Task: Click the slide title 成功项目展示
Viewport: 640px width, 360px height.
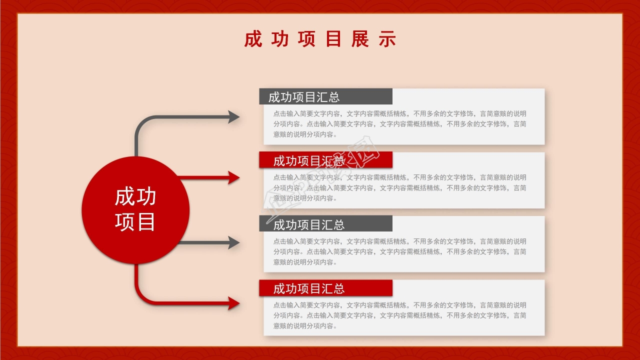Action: pos(320,39)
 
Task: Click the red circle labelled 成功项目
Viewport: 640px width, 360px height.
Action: pos(135,210)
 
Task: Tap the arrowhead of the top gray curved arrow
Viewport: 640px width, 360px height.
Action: pos(234,117)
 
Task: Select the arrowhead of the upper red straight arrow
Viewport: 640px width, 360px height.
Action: pos(234,177)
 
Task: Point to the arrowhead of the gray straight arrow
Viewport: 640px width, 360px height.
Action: pos(234,242)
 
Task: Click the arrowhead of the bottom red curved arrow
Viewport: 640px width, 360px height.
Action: pos(234,303)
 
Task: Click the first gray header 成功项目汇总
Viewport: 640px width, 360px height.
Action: pos(304,97)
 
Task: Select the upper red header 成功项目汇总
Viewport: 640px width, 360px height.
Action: pos(309,161)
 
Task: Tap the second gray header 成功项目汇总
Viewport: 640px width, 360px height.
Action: pos(309,225)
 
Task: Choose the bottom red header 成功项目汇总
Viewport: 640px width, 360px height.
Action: pos(309,288)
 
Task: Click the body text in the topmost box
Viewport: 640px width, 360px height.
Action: pos(399,124)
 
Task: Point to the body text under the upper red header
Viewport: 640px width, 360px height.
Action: pos(399,188)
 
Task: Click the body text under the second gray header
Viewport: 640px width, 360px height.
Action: pos(399,251)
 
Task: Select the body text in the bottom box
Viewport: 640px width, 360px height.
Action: pos(399,315)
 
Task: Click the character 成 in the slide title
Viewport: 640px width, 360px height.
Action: pos(253,39)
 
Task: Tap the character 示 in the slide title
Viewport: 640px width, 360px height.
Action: pos(387,39)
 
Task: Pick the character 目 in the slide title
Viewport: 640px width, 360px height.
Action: pos(333,39)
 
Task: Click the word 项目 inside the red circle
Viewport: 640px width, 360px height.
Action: pos(135,222)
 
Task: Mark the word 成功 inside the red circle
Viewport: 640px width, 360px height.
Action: pos(135,197)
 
